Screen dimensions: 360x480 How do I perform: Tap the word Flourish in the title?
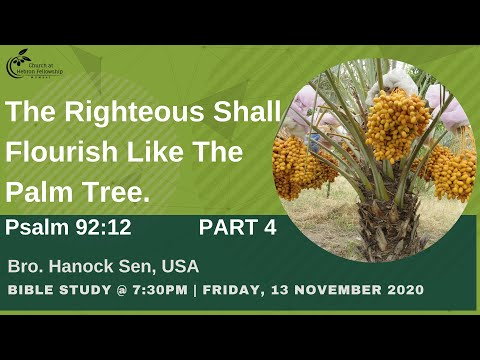click(60, 153)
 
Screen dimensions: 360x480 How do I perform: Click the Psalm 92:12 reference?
click(68, 228)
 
